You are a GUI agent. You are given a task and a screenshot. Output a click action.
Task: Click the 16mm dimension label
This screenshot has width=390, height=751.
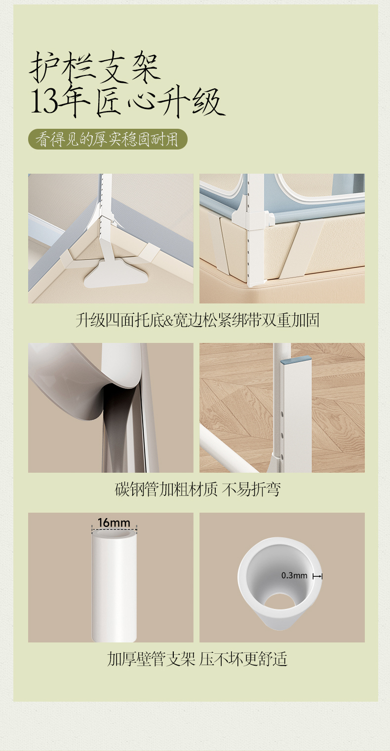[x=114, y=523]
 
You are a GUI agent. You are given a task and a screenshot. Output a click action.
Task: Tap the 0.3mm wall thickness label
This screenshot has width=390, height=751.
[x=294, y=575]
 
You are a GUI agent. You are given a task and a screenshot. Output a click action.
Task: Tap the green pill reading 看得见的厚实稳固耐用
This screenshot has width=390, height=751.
[x=108, y=139]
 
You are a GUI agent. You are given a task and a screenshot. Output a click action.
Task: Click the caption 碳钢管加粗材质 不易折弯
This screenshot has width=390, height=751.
[x=197, y=489]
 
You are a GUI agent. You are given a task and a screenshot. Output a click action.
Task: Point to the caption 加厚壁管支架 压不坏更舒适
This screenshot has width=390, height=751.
[x=197, y=659]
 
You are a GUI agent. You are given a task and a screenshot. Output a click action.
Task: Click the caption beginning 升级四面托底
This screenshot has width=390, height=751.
[x=197, y=320]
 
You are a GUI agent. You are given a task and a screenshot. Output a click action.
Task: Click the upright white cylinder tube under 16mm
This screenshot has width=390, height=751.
[x=114, y=585]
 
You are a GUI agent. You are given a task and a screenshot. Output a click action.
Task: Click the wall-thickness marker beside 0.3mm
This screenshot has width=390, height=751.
[x=317, y=576]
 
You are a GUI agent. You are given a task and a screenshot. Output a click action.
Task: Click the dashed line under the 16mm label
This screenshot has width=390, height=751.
[x=114, y=529]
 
